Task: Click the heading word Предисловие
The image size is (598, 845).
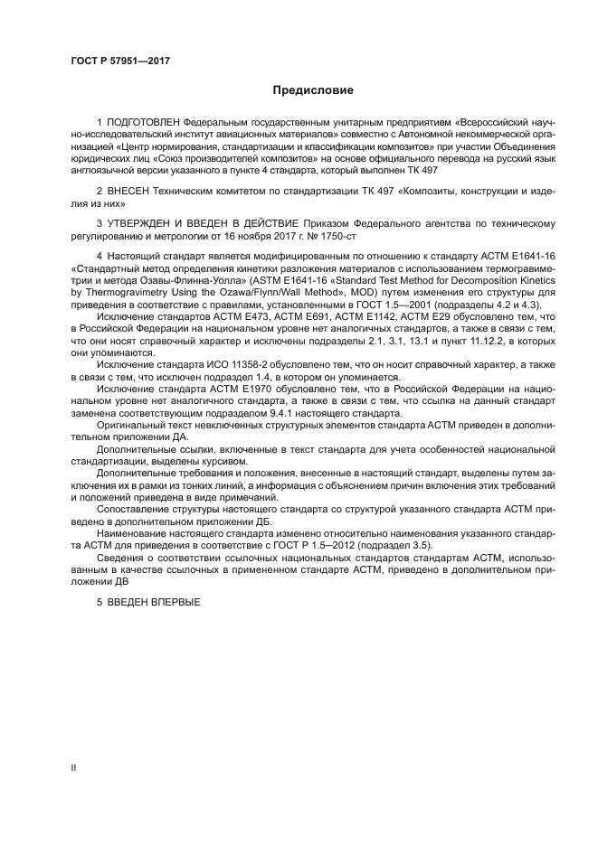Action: coord(313,90)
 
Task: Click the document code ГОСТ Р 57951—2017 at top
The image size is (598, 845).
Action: coord(120,61)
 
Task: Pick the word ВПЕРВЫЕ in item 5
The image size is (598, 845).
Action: coord(175,602)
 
